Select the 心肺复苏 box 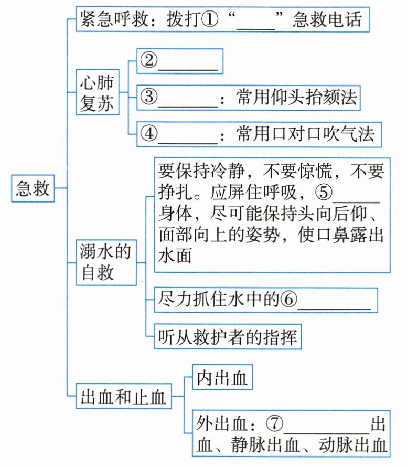tap(97, 93)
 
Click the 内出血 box tap(222, 378)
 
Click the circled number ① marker tap(209, 20)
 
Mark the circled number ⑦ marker tap(274, 422)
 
